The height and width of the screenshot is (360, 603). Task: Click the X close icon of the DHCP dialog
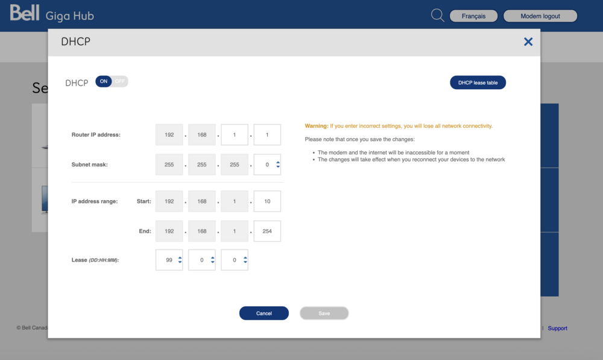pos(528,42)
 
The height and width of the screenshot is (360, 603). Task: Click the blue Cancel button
pos(264,313)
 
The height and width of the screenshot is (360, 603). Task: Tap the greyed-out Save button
pos(324,313)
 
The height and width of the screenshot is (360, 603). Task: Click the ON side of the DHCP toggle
pos(104,81)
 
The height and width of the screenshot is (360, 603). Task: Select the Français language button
pos(473,16)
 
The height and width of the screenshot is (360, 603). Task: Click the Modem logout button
pos(540,16)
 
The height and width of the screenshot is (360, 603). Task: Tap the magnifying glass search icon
pos(437,16)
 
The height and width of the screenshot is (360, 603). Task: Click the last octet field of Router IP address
pos(267,134)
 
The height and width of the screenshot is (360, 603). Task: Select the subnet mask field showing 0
pos(267,165)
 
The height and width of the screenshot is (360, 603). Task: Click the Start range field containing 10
pos(267,201)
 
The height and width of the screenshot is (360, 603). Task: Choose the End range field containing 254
pos(267,231)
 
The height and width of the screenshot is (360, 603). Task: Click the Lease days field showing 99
pos(169,260)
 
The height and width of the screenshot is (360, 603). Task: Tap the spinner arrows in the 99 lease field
pos(180,260)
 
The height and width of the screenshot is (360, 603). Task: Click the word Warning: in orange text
pos(317,126)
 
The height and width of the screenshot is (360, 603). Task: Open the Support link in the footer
pos(557,328)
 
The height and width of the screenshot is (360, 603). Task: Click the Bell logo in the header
pos(25,13)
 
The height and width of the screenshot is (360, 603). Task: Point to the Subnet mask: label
pos(90,165)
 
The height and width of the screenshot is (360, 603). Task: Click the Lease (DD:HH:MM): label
pos(95,260)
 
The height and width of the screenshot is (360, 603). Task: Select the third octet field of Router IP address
pos(234,134)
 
